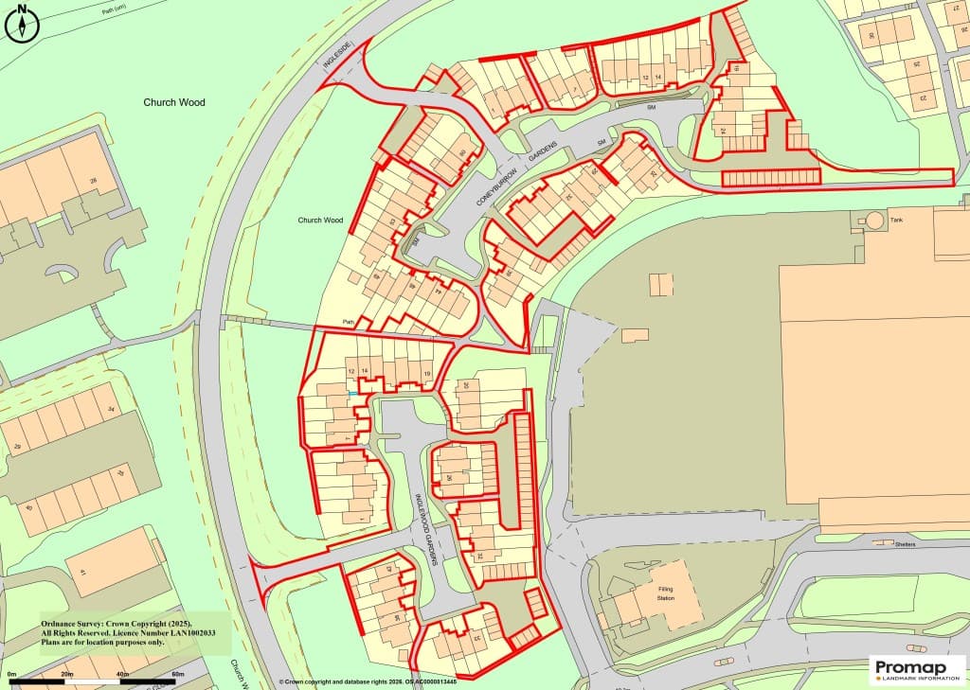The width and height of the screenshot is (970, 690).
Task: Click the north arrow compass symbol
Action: pyautogui.click(x=22, y=24)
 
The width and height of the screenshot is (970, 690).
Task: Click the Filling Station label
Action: pyautogui.click(x=673, y=593)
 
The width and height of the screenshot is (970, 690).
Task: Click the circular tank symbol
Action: pyautogui.click(x=873, y=220)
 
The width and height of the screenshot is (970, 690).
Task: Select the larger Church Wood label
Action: pyautogui.click(x=173, y=102)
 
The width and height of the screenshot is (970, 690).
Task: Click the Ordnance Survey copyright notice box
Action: pyautogui.click(x=134, y=632)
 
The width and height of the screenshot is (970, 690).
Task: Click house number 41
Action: pyautogui.click(x=82, y=573)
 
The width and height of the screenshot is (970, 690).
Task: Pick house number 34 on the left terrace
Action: pyautogui.click(x=111, y=410)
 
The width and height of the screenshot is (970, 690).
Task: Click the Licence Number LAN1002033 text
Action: pyautogui.click(x=128, y=632)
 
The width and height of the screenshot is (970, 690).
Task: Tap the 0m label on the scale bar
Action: pyautogui.click(x=12, y=674)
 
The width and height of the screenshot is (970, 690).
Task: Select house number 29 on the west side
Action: pyautogui.click(x=16, y=448)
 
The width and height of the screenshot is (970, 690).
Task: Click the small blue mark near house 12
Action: pyautogui.click(x=352, y=393)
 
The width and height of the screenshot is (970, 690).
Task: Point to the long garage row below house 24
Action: pyautogui.click(x=770, y=177)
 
